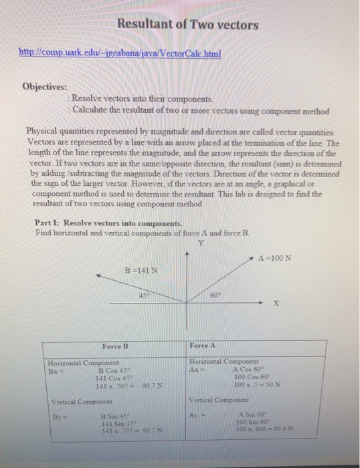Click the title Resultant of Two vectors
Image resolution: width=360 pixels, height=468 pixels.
pos(187,25)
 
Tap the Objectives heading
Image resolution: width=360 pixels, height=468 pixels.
pos(45,87)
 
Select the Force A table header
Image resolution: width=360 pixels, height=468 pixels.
pos(203,346)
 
